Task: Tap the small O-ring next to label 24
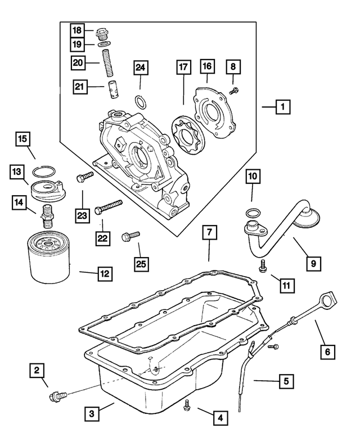coord(141,102)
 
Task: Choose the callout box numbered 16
coord(207,67)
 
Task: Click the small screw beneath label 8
coord(235,89)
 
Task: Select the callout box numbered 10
coord(253,177)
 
